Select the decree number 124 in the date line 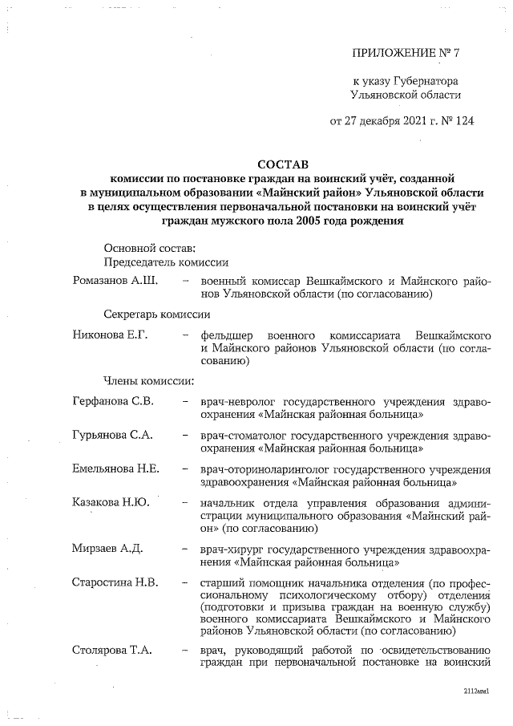442,122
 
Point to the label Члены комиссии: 147,380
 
